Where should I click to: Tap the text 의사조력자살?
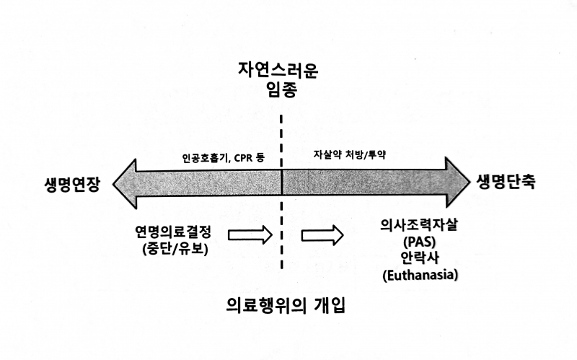coord(420,225)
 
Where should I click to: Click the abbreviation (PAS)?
coord(420,241)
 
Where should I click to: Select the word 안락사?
coord(420,258)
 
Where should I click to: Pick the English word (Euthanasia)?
coord(420,274)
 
